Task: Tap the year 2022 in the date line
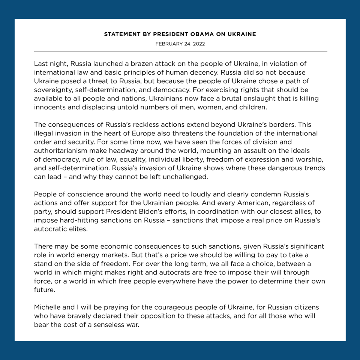point(198,44)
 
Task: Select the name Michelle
point(46,307)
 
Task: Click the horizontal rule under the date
point(180,51)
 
